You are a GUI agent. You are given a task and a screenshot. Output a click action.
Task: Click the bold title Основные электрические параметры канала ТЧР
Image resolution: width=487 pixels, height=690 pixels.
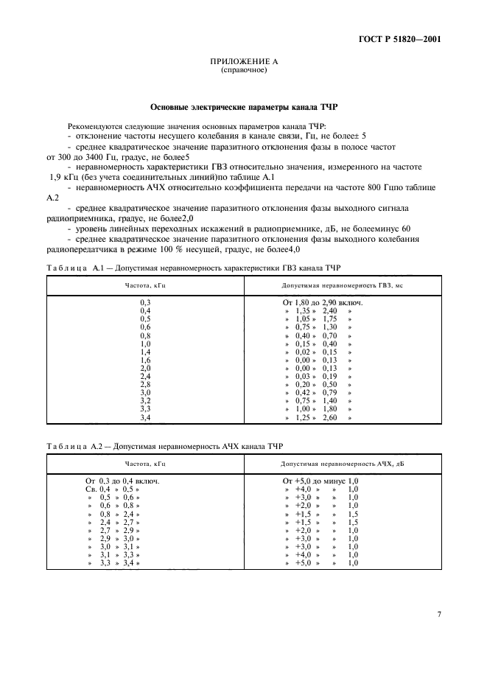pos(243,106)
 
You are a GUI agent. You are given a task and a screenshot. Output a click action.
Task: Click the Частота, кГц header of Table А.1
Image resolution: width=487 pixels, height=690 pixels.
pos(144,285)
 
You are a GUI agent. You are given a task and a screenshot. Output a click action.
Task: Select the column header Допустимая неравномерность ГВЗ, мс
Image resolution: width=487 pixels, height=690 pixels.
pos(342,285)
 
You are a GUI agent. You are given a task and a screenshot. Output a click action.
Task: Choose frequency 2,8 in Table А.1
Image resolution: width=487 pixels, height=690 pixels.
pos(145,384)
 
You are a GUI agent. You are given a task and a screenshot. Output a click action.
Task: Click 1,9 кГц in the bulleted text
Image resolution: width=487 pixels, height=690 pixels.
pos(66,177)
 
